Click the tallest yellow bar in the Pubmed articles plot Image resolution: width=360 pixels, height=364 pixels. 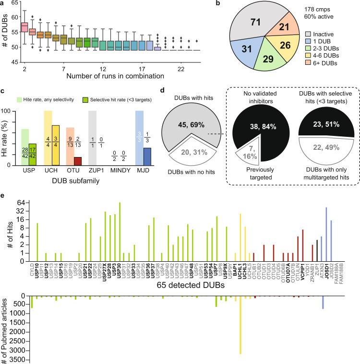(x=240, y=326)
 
